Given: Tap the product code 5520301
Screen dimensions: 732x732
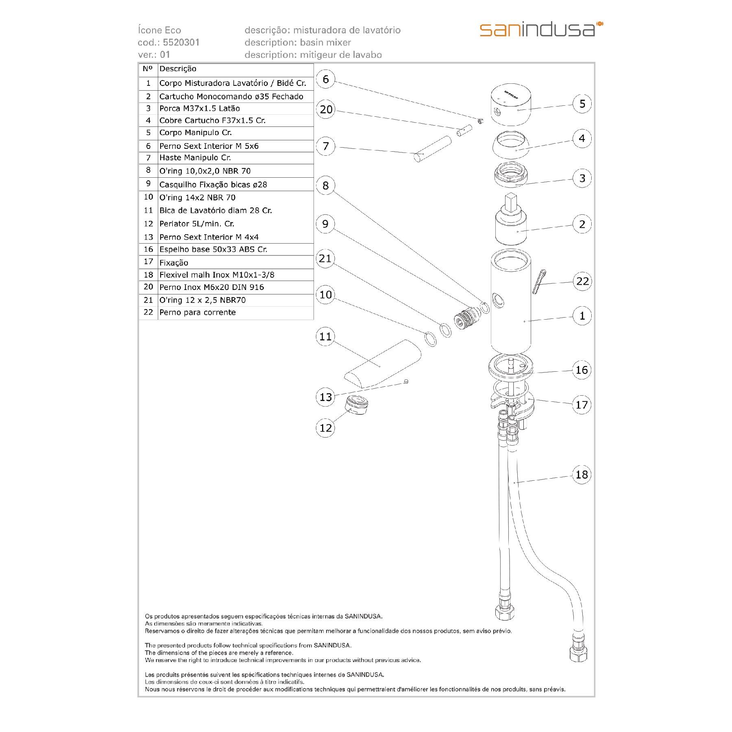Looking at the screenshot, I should [x=181, y=42].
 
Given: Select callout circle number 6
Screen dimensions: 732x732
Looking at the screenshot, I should [x=325, y=79].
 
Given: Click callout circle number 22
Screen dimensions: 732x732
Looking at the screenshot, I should [x=582, y=281].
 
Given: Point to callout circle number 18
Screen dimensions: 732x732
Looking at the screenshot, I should [x=582, y=474].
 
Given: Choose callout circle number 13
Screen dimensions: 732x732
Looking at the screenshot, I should [x=326, y=397].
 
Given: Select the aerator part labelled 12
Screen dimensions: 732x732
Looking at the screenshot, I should [x=356, y=405].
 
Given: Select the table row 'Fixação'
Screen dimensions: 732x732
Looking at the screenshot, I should [x=174, y=263].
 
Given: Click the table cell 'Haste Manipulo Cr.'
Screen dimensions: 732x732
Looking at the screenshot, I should [x=195, y=158].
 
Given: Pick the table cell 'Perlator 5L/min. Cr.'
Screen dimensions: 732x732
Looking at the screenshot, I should [x=197, y=224].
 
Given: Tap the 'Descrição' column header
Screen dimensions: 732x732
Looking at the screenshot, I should [x=178, y=69].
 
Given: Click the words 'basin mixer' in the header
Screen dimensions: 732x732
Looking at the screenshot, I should [x=325, y=42].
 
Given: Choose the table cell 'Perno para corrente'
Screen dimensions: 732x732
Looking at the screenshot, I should [x=198, y=313].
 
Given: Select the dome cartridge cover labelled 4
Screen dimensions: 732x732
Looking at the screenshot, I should [x=511, y=146].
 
